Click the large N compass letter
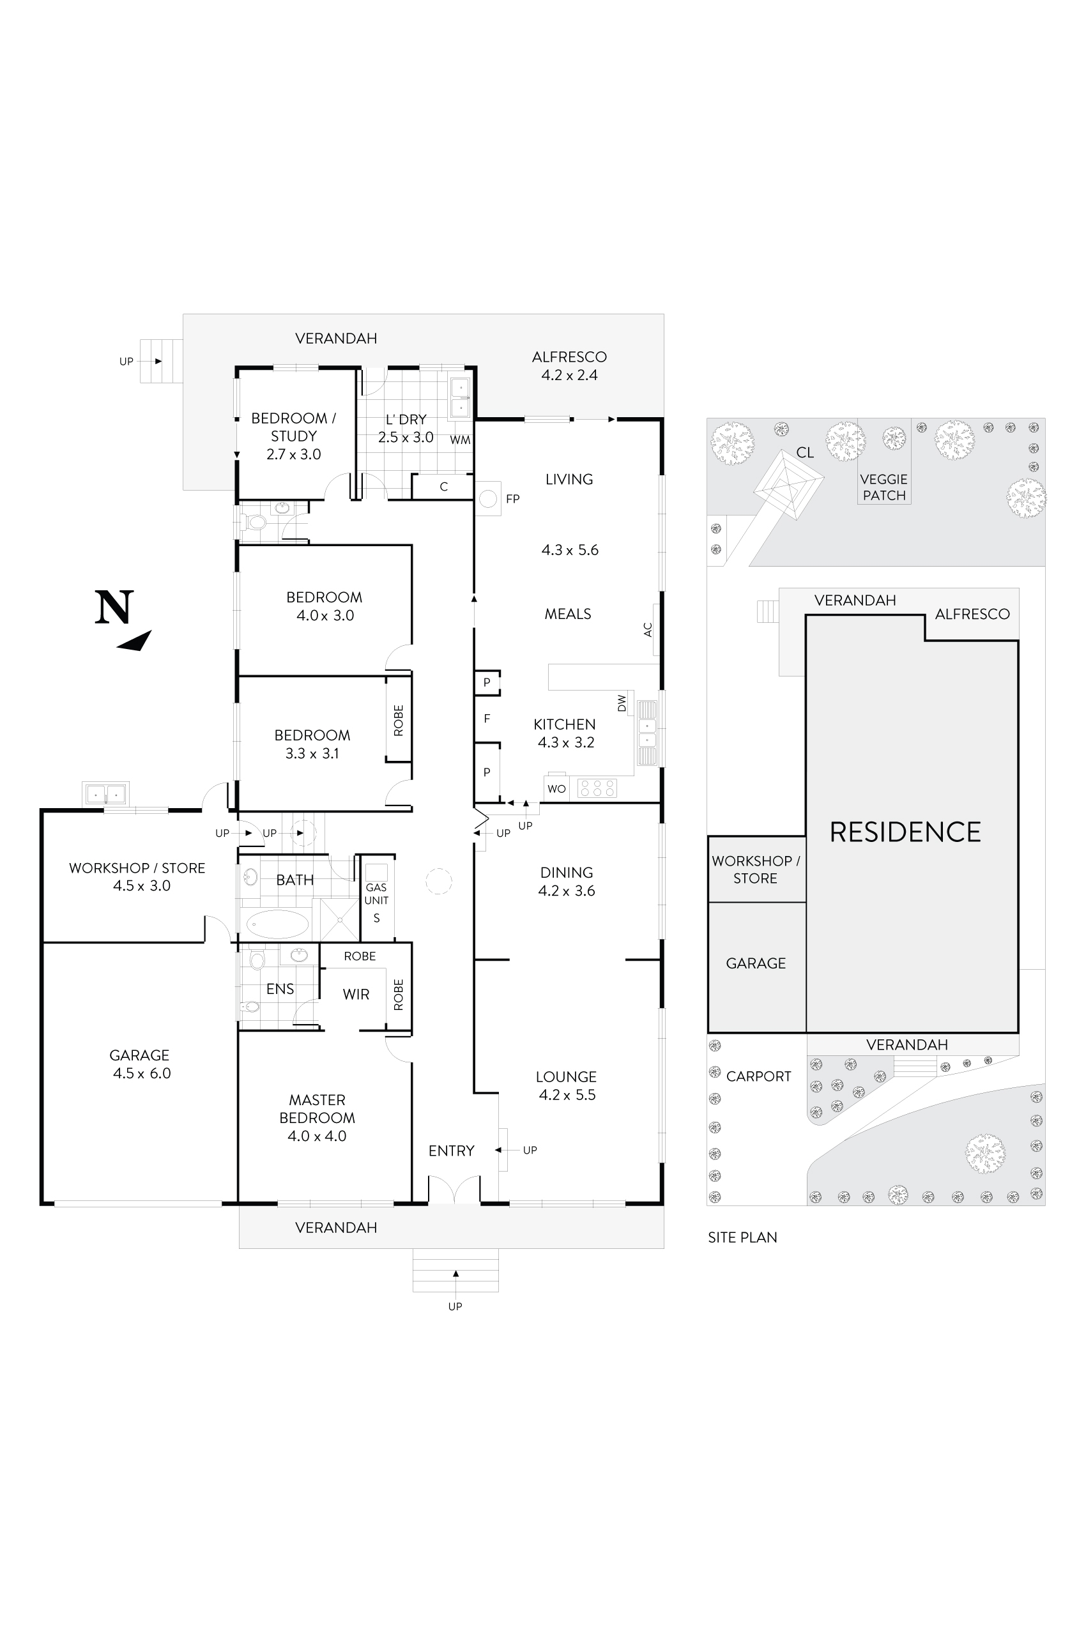point(114,608)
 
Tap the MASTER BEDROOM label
point(317,1109)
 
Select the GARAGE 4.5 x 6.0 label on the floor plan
point(141,1064)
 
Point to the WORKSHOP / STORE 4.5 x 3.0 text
point(137,877)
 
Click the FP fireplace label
point(512,499)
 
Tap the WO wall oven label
point(556,789)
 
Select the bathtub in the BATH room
point(278,924)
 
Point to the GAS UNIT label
point(376,894)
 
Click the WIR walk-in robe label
point(356,995)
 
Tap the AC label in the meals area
point(648,630)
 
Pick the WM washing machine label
point(460,440)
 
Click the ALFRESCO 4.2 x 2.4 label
point(569,365)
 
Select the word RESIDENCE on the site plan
point(905,832)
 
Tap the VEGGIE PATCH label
point(883,487)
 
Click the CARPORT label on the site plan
point(758,1076)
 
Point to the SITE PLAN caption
point(742,1237)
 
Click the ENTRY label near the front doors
point(451,1151)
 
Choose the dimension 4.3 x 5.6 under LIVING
point(569,550)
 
